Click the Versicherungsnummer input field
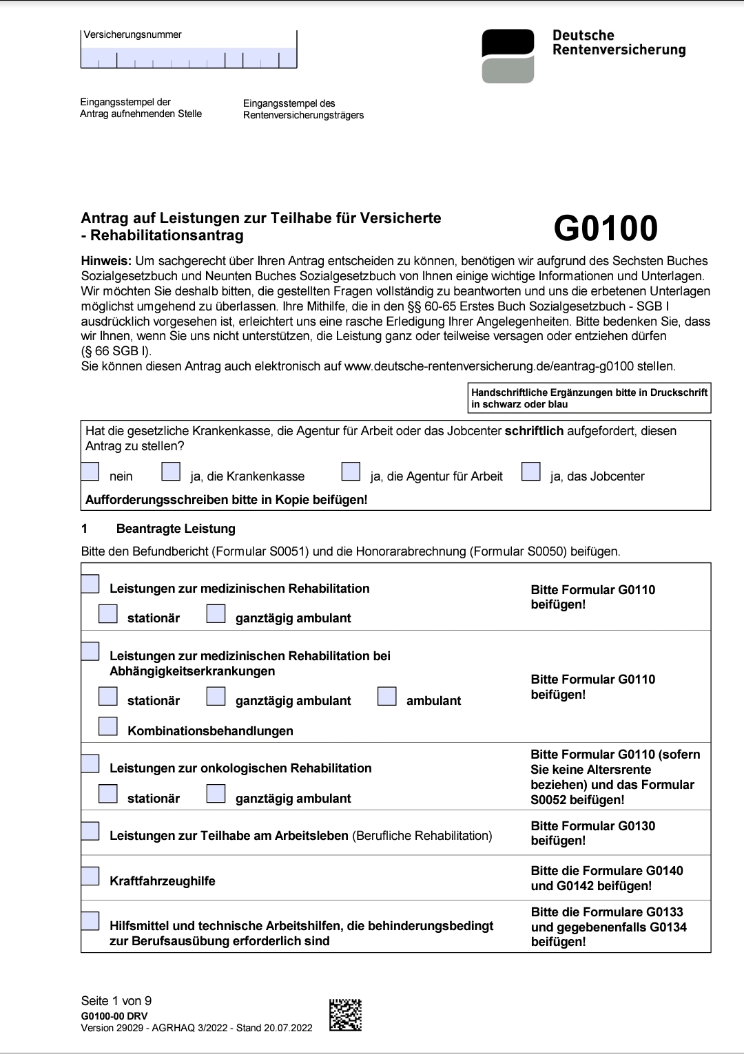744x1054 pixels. [189, 58]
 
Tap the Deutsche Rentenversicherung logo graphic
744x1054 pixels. [508, 56]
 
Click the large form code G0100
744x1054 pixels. [606, 229]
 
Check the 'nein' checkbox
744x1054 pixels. [90, 472]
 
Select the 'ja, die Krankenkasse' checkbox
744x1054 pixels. [171, 472]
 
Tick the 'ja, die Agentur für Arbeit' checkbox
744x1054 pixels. [351, 472]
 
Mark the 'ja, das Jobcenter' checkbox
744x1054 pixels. [531, 472]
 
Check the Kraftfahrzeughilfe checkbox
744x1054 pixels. [90, 876]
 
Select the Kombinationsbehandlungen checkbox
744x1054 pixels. [108, 726]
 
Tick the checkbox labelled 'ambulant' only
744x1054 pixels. [387, 696]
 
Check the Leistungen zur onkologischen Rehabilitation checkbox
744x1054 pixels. [90, 763]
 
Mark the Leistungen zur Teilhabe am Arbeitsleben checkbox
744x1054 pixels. [90, 831]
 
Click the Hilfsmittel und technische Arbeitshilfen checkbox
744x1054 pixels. [90, 921]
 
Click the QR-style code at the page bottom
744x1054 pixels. [345, 1015]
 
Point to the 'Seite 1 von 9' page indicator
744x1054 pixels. [116, 1001]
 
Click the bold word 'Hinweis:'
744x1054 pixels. [106, 261]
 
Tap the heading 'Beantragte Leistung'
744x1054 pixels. [176, 529]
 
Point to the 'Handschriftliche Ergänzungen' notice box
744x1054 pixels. [589, 398]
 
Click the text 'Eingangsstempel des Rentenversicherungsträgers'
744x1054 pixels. [303, 109]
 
